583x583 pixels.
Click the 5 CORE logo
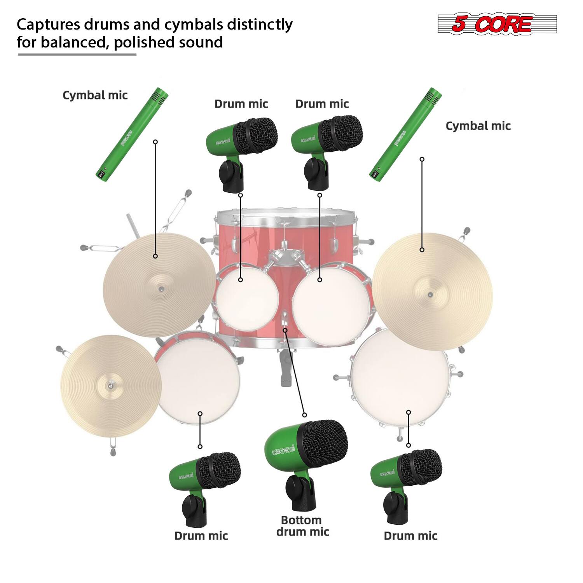pyautogui.click(x=497, y=24)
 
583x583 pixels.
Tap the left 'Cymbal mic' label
pyautogui.click(x=95, y=96)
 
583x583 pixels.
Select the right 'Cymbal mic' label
pyautogui.click(x=478, y=126)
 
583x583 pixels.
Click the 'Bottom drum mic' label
pyautogui.click(x=302, y=526)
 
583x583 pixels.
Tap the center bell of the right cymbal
pyautogui.click(x=430, y=295)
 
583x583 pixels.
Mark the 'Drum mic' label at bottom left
pyautogui.click(x=201, y=536)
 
